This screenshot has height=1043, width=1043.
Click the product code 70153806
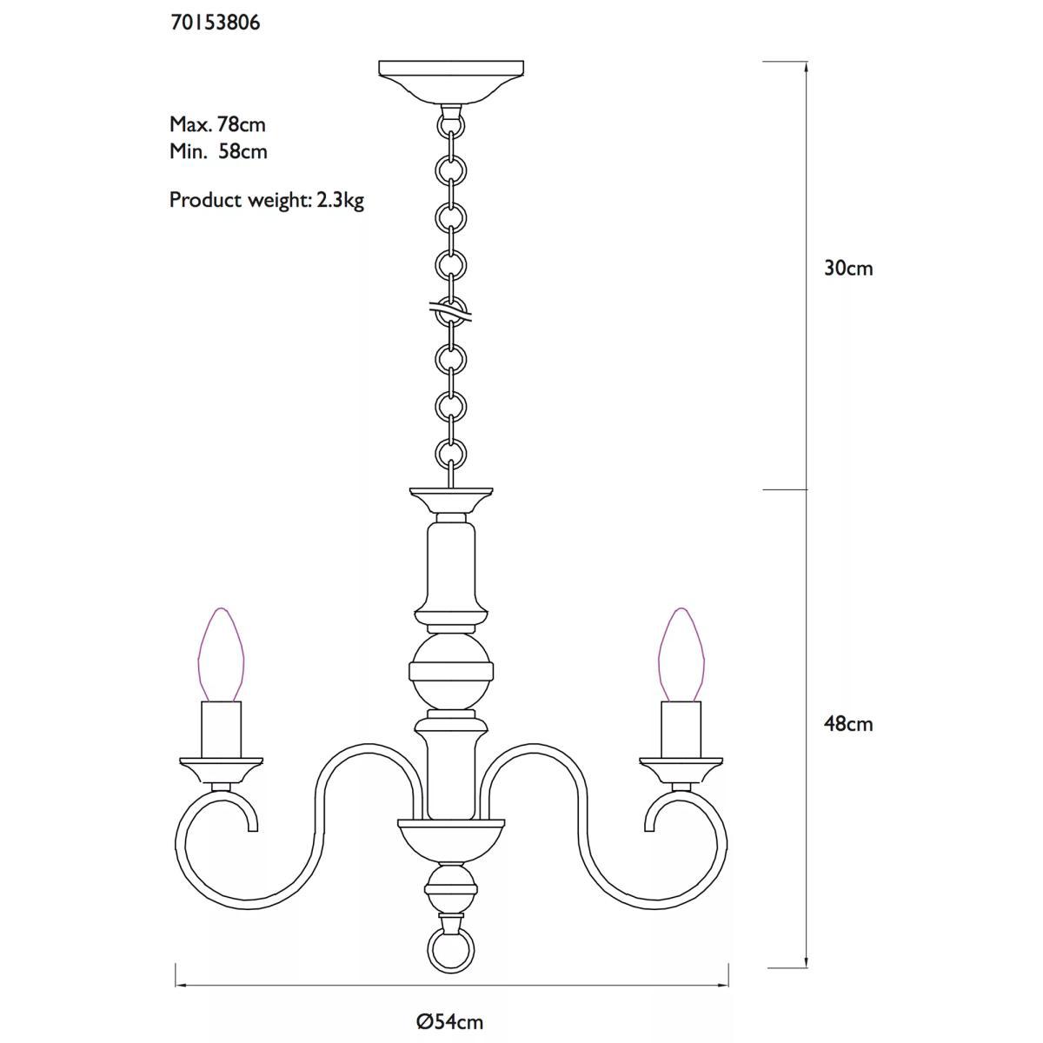pos(216,23)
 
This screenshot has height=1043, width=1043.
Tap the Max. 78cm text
pos(217,124)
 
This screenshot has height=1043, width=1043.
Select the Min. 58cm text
pos(219,151)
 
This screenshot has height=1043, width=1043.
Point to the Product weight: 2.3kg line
pos(267,201)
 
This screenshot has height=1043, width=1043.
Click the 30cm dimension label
pos(848,269)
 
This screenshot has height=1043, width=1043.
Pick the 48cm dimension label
pos(848,724)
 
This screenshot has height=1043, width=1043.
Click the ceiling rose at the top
pos(451,82)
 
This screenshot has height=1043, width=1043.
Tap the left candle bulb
pos(221,654)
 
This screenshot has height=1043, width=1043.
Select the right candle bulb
pos(681,654)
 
